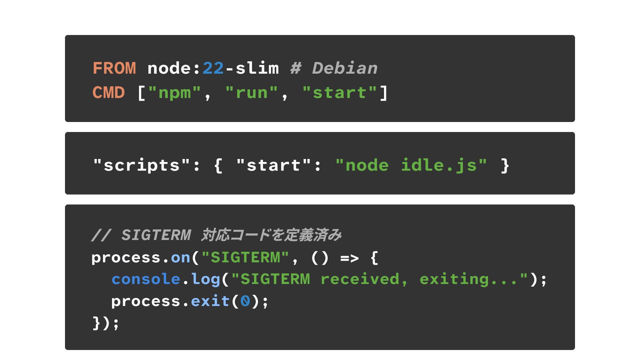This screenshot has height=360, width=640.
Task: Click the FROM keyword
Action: click(114, 68)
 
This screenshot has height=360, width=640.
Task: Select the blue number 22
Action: click(213, 68)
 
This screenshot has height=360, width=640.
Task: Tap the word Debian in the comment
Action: click(345, 68)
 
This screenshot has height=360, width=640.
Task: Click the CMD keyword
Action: click(108, 93)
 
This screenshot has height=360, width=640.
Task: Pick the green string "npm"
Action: click(174, 93)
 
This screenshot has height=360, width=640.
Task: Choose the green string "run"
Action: click(251, 93)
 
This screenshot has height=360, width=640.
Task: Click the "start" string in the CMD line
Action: click(339, 93)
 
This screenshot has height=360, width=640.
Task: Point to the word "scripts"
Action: click(142, 165)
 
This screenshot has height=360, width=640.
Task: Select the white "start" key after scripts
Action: click(273, 165)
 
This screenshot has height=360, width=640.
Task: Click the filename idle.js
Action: click(439, 165)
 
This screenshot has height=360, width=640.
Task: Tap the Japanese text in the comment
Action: click(271, 235)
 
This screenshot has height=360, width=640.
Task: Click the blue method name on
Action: click(180, 258)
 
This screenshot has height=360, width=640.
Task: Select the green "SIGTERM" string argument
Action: click(245, 258)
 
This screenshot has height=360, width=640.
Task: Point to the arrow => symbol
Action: click(349, 258)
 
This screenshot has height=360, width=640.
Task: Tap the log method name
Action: click(206, 279)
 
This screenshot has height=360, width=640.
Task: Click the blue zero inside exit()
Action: click(245, 301)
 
